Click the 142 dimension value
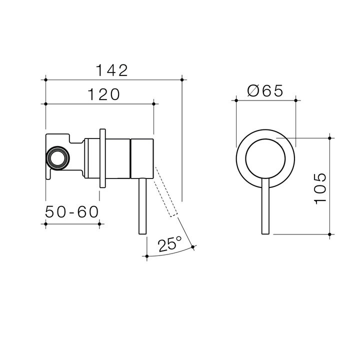click(113, 70)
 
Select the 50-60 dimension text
click(72, 212)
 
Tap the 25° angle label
click(169, 244)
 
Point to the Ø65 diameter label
click(265, 91)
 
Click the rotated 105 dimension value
click(320, 188)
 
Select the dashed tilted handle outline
click(166, 192)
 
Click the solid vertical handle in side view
click(141, 205)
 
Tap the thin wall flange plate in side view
click(102, 157)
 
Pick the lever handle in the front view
click(265, 205)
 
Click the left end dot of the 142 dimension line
click(45, 79)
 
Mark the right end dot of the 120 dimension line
click(153, 103)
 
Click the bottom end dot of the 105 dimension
click(329, 233)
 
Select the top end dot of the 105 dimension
click(329, 137)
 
